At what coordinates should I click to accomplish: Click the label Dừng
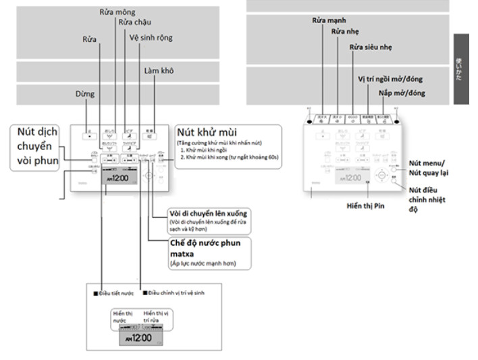[85, 95]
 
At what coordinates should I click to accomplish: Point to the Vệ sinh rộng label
[151, 38]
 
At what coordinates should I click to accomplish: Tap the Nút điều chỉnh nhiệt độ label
[433, 200]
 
